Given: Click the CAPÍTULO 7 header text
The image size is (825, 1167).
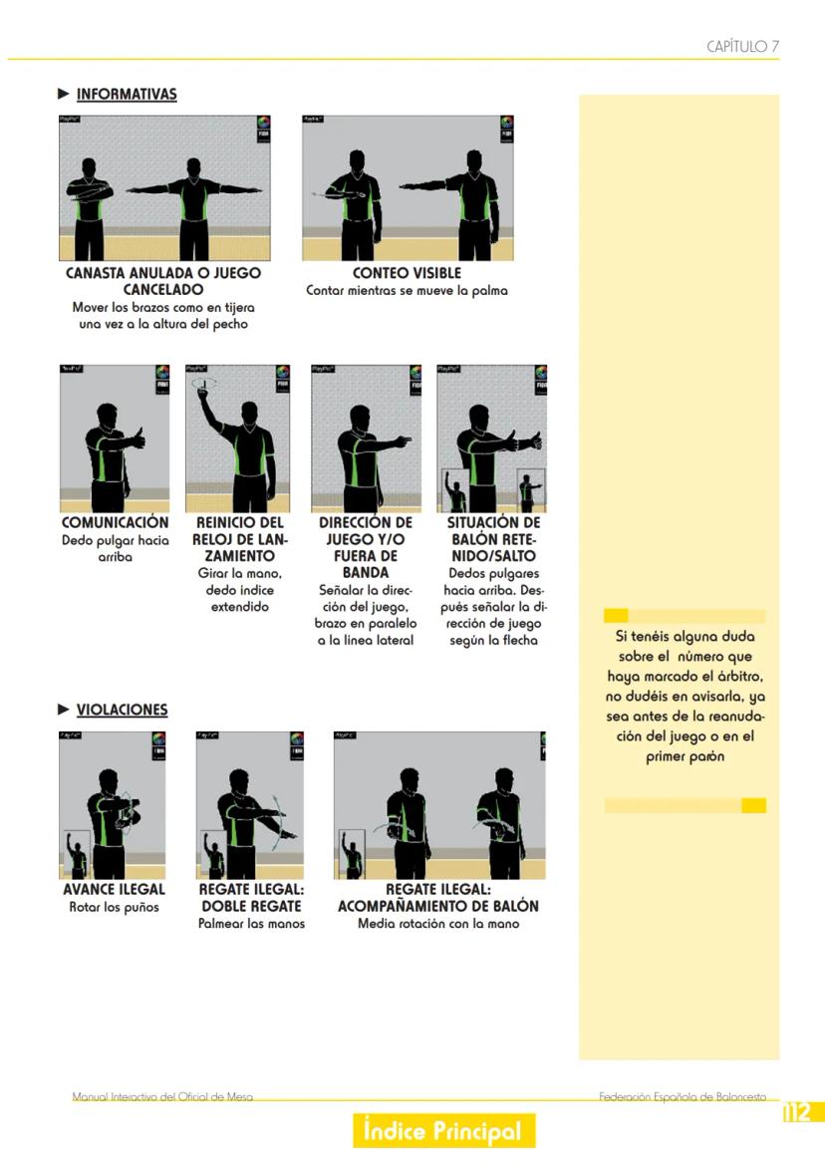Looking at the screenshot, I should tap(742, 46).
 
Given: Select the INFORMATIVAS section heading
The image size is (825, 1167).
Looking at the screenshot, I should tap(127, 95).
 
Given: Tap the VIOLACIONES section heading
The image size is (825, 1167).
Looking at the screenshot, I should tap(123, 710).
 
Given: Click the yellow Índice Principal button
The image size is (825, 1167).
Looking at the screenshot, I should tap(443, 1131).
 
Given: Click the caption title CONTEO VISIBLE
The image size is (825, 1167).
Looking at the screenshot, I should tap(407, 273).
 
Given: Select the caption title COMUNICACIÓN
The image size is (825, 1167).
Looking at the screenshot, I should tap(115, 522).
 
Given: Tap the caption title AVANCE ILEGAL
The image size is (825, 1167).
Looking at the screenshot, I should tap(114, 889).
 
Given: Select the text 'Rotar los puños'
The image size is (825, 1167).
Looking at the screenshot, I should tap(114, 907).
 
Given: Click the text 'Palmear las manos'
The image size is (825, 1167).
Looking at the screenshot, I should tap(251, 923).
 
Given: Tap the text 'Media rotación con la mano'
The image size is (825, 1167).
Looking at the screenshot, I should tap(438, 923).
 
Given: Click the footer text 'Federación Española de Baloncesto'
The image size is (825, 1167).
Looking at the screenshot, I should tap(682, 1097).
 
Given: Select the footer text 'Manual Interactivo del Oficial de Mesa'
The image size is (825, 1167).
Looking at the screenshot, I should tap(162, 1097).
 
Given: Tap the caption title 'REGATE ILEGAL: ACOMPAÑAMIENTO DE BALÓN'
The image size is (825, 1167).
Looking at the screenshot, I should tap(438, 898).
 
